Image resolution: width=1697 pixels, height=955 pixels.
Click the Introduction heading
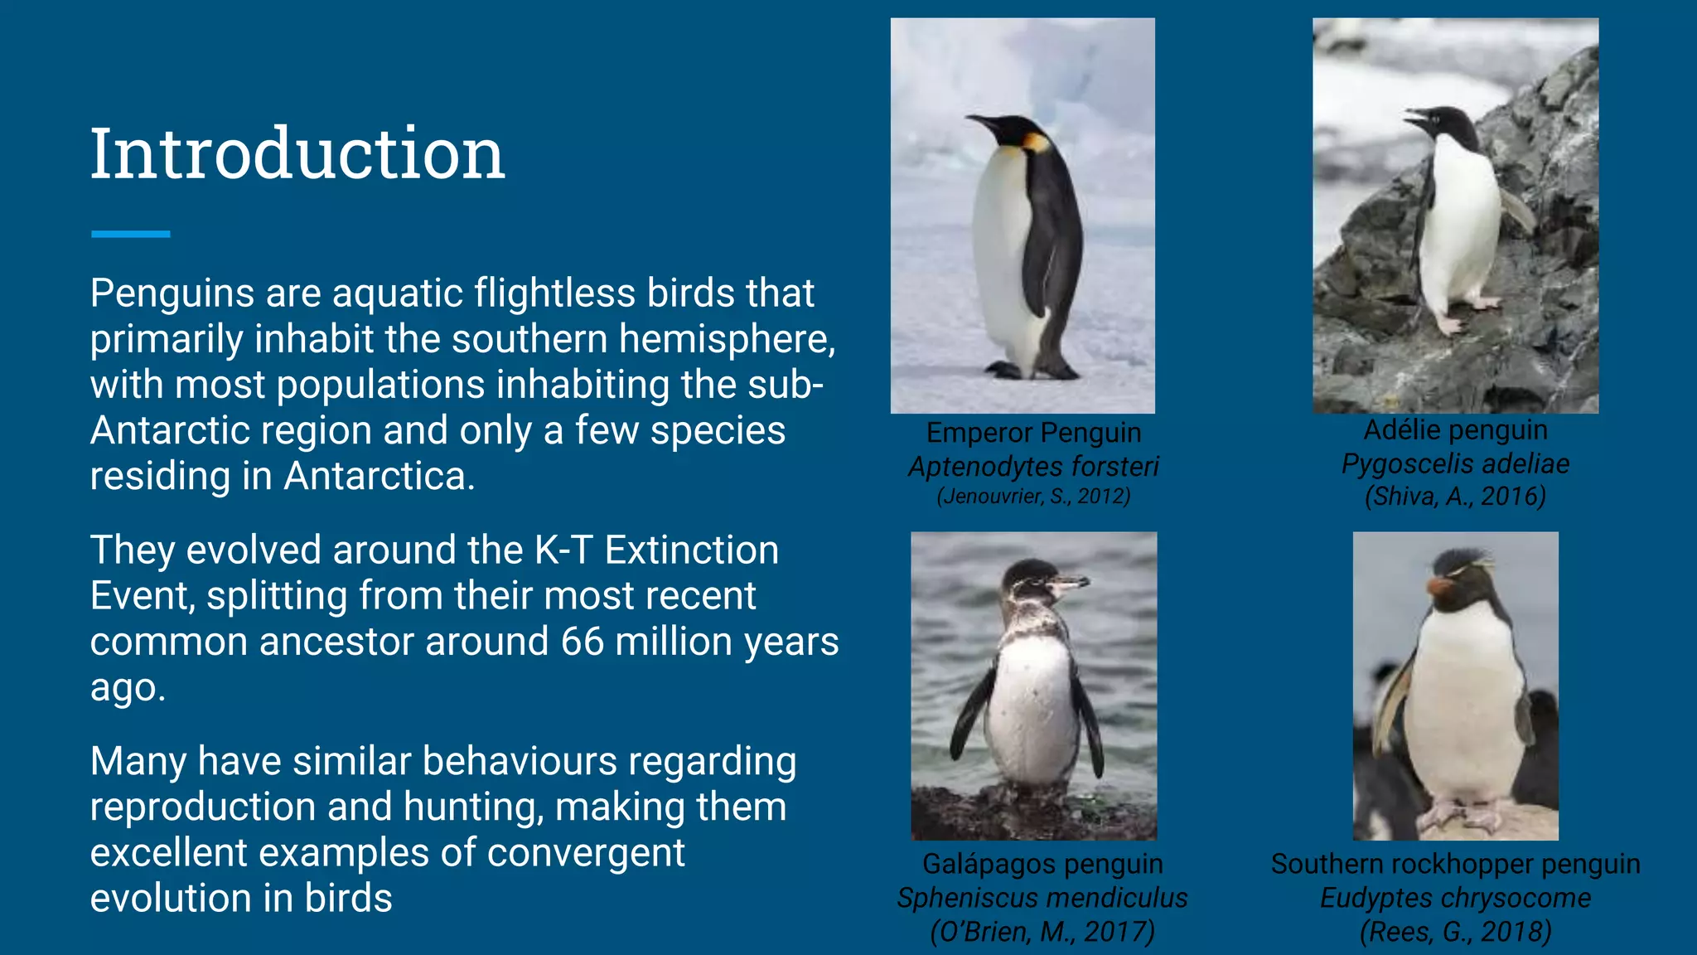[297, 154]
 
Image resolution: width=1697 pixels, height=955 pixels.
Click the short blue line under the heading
[130, 235]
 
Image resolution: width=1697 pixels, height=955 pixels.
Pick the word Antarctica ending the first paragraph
[379, 477]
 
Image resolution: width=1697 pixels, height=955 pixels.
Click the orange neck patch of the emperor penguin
[1037, 143]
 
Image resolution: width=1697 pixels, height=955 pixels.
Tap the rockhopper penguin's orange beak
[1439, 588]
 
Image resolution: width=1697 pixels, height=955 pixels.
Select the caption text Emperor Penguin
[1033, 433]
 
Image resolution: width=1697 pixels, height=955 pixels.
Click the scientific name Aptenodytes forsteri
[1033, 467]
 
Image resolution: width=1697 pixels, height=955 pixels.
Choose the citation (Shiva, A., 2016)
[1455, 497]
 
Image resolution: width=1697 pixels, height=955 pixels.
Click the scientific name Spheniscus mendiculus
[1042, 898]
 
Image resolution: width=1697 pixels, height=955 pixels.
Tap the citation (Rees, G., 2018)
[1455, 932]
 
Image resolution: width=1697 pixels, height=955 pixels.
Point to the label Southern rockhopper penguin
[1455, 864]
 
